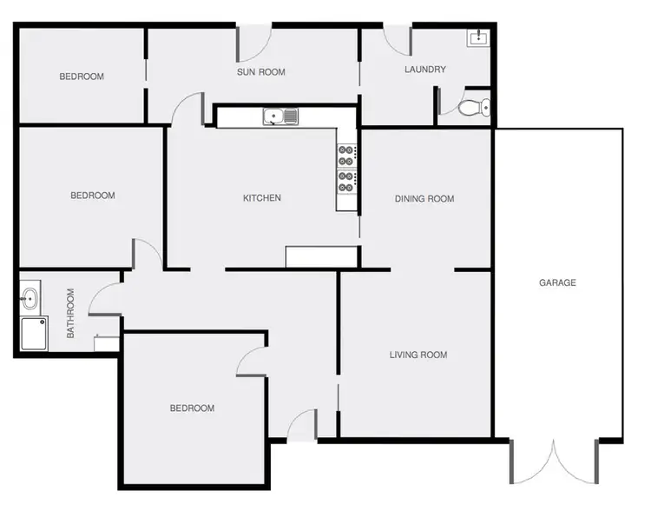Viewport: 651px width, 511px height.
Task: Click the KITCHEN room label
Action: [261, 198]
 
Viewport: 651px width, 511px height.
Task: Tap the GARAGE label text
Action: [557, 282]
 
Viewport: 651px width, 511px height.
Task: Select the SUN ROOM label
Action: [261, 72]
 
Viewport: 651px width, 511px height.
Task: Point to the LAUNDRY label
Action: [425, 70]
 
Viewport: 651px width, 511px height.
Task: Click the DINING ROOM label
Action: [424, 199]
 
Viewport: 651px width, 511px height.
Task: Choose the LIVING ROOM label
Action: [418, 355]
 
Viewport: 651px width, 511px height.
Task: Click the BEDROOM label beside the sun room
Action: [81, 76]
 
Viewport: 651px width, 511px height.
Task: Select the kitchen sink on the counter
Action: [280, 116]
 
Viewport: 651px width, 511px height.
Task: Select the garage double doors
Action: [553, 461]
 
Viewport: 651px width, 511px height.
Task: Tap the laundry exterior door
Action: [398, 39]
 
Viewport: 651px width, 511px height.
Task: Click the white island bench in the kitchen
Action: [321, 256]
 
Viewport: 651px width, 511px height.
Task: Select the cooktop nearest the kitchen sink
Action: [345, 155]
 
